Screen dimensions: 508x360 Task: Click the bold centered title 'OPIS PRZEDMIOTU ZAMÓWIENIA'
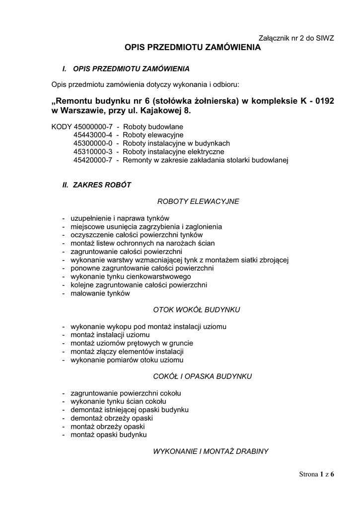[192, 48]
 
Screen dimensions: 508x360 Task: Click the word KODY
[61, 127]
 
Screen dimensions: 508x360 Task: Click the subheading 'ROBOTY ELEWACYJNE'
[198, 201]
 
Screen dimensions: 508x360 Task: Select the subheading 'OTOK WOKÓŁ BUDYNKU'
[198, 310]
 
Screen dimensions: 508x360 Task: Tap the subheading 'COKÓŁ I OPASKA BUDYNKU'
[198, 376]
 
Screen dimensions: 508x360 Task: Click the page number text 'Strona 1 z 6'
[317, 474]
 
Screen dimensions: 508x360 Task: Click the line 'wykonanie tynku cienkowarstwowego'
[131, 276]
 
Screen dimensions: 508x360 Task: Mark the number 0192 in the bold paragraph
[323, 101]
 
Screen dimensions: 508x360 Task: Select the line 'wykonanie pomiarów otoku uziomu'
[127, 360]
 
